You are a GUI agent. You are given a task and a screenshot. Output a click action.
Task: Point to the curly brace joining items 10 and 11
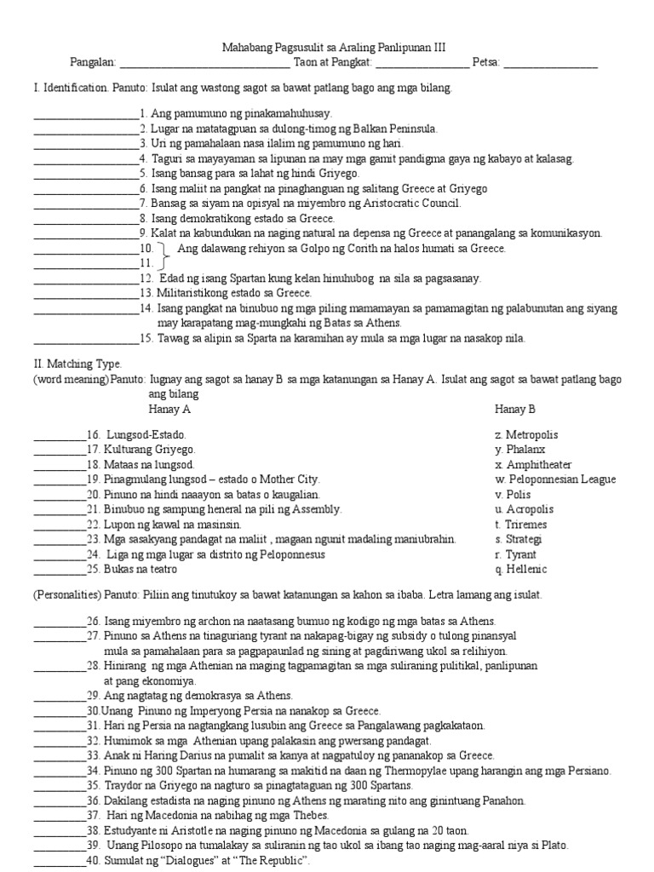163,255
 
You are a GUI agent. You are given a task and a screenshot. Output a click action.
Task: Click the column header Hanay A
169,409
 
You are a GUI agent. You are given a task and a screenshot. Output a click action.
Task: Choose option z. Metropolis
526,435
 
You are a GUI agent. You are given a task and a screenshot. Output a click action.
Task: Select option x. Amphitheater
533,465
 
